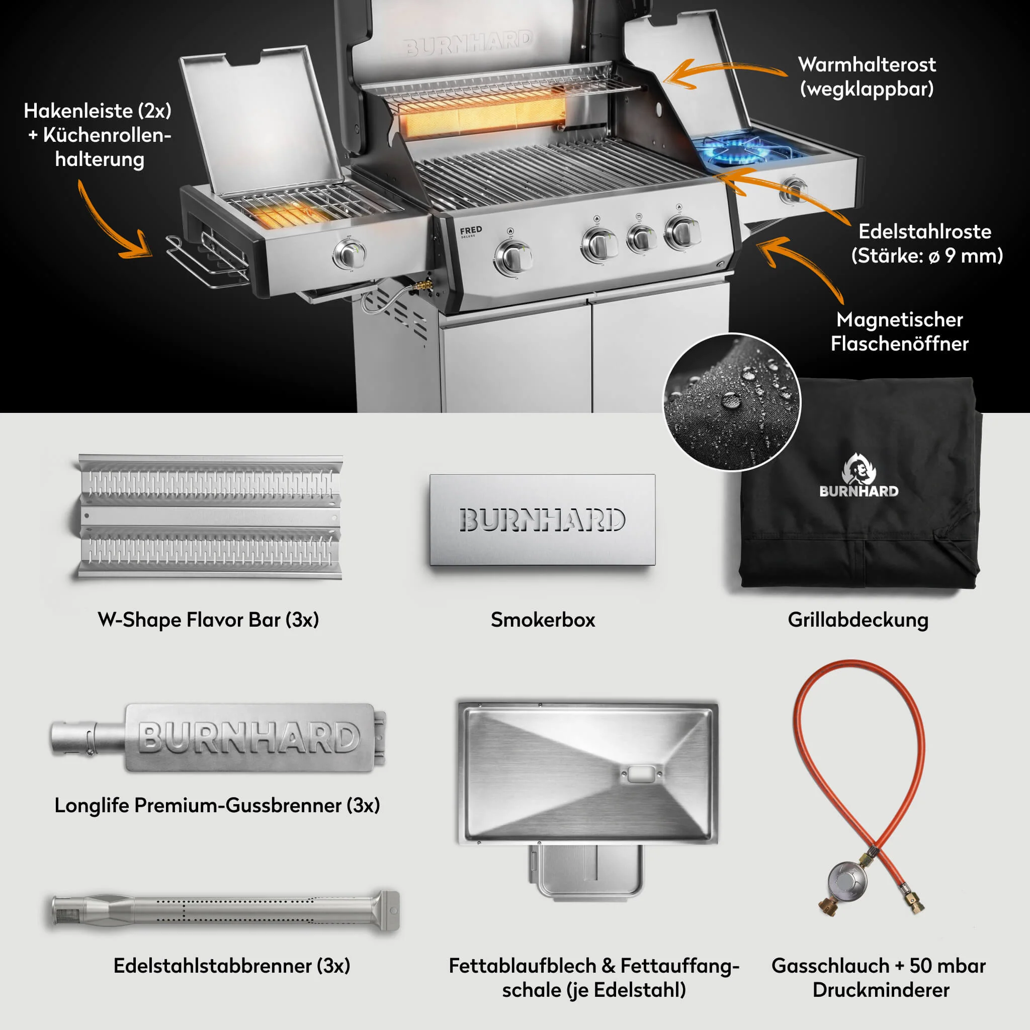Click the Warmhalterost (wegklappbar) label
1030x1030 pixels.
click(x=867, y=77)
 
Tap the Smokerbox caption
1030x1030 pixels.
click(x=543, y=620)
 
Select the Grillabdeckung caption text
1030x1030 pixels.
click(x=858, y=620)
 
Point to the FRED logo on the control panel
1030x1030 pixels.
click(x=471, y=231)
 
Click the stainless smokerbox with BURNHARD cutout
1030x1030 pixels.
click(x=543, y=520)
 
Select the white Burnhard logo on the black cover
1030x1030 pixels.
click(x=859, y=476)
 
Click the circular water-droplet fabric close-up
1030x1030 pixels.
click(x=732, y=402)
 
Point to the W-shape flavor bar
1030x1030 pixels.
click(x=208, y=516)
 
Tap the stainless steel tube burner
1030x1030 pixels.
click(x=225, y=911)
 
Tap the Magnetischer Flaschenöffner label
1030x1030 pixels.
click(x=899, y=331)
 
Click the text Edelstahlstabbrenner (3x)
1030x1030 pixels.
click(x=232, y=966)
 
